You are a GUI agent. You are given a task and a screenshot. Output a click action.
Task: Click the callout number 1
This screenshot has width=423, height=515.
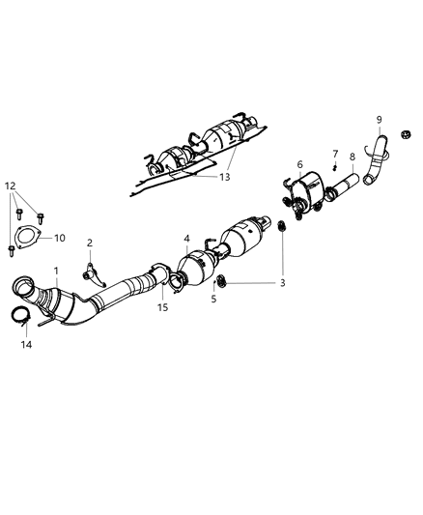tap(57, 272)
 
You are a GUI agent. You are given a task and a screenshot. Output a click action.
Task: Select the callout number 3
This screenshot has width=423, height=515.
tap(282, 283)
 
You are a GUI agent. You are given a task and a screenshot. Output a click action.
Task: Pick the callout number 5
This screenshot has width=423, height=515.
tap(213, 300)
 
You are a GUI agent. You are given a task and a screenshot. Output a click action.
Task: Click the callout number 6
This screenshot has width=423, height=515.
tap(299, 165)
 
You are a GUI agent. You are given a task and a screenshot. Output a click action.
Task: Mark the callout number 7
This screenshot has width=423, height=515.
tap(335, 154)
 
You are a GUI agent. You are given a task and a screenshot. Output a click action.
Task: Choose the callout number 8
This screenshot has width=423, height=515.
tap(352, 157)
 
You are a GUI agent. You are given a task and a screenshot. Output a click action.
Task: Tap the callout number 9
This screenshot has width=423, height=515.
tap(380, 120)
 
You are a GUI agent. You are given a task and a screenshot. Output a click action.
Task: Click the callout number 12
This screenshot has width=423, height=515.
tap(10, 184)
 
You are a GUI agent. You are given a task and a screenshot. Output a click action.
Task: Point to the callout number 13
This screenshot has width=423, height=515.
tap(224, 177)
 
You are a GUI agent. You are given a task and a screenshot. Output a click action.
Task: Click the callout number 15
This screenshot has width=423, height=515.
tap(163, 308)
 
